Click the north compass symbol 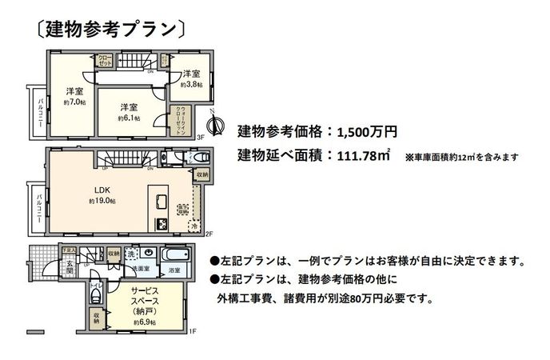pyautogui.click(x=214, y=124)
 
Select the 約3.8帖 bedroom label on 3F pyautogui.click(x=192, y=83)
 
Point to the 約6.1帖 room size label pyautogui.click(x=130, y=118)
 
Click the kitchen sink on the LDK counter pyautogui.click(x=161, y=201)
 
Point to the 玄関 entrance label pyautogui.click(x=70, y=269)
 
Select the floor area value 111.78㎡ pyautogui.click(x=363, y=155)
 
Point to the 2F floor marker pyautogui.click(x=210, y=234)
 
